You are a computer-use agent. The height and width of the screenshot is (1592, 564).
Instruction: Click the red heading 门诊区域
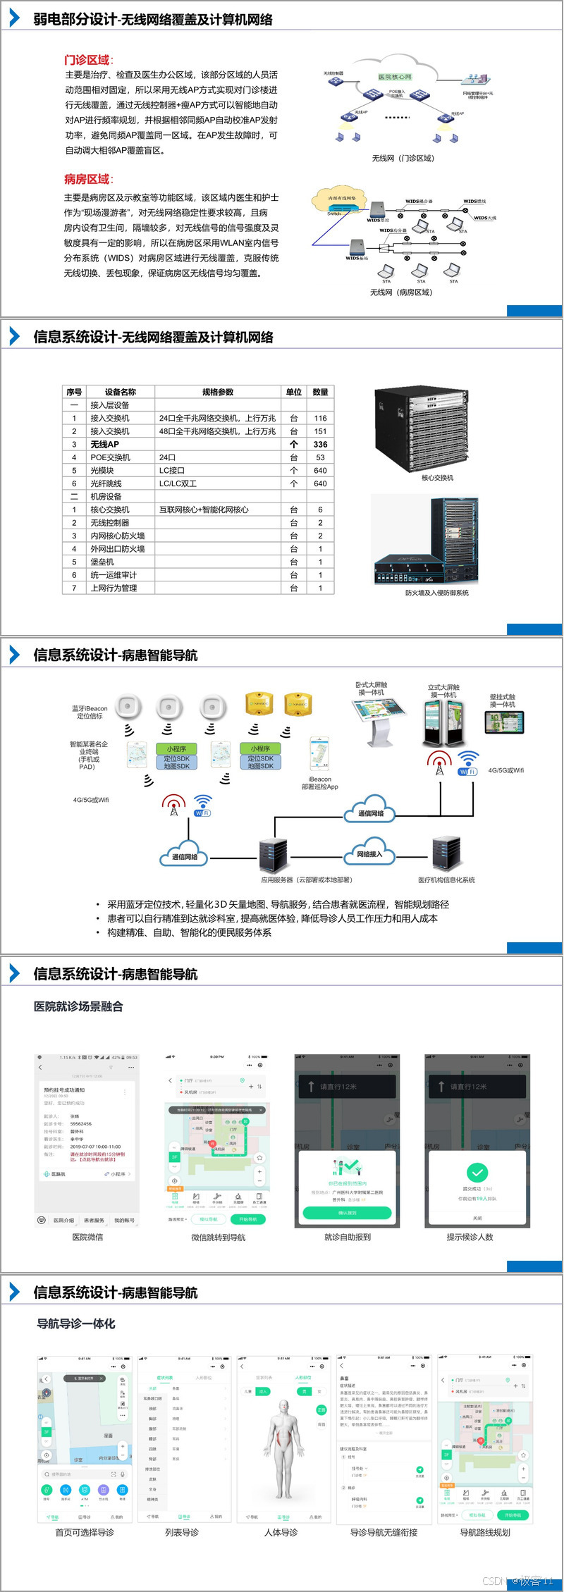[87, 60]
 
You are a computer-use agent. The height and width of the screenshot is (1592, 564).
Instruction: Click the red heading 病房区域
[87, 179]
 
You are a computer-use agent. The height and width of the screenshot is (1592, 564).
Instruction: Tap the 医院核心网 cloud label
[395, 77]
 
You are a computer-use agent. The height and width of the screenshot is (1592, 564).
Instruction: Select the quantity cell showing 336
[320, 444]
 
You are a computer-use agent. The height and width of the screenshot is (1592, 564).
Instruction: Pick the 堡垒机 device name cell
[102, 562]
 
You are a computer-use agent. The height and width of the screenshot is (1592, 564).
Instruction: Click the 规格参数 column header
[217, 392]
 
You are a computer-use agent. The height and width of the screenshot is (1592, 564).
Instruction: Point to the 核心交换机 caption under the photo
[437, 478]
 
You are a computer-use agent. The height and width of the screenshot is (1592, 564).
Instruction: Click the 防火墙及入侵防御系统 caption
[436, 593]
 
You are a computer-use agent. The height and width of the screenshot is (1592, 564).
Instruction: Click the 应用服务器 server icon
[272, 856]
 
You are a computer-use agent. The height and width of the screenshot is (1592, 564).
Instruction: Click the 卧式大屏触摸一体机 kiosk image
[379, 721]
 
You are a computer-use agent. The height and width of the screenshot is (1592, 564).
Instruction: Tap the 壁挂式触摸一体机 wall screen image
[503, 722]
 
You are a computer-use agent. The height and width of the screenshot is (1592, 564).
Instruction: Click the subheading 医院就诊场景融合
[78, 1006]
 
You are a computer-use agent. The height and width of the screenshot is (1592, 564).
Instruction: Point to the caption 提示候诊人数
[470, 1237]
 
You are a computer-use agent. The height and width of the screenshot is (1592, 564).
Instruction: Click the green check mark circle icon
[477, 1172]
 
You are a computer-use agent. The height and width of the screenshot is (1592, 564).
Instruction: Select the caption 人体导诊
[281, 1532]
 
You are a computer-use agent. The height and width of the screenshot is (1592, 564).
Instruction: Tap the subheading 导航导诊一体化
[75, 1323]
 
